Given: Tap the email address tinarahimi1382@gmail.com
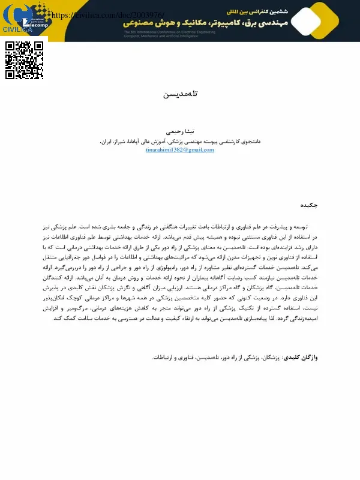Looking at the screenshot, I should pyautogui.click(x=180, y=150).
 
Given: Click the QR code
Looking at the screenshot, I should pyautogui.click(x=25, y=60).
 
